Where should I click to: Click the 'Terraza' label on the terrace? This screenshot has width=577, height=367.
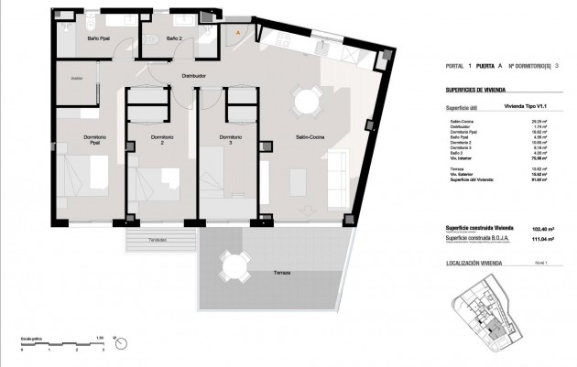click(x=269, y=273)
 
